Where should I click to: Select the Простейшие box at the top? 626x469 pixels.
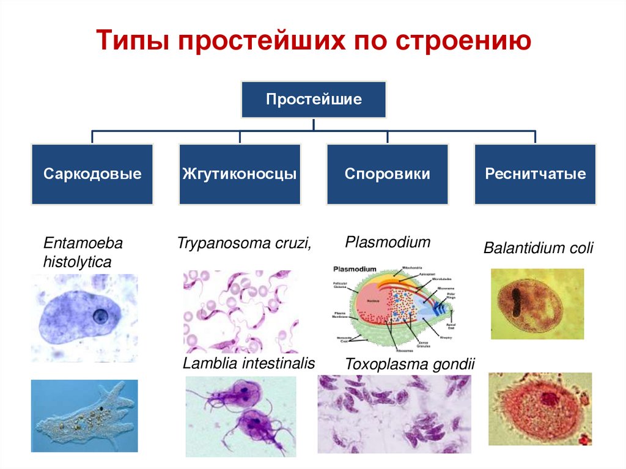pyautogui.click(x=314, y=99)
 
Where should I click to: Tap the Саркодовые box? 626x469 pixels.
pyautogui.click(x=92, y=174)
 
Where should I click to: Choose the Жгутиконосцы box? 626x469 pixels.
pyautogui.click(x=240, y=174)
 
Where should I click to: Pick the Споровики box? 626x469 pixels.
pyautogui.click(x=388, y=174)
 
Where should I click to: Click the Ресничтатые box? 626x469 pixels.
pyautogui.click(x=535, y=174)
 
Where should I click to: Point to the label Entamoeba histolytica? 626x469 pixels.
pyautogui.click(x=83, y=253)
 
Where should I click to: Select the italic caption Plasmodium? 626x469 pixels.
pyautogui.click(x=388, y=242)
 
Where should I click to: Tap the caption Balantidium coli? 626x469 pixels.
pyautogui.click(x=539, y=249)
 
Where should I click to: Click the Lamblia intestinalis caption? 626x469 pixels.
pyautogui.click(x=249, y=363)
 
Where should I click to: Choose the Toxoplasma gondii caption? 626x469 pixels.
pyautogui.click(x=410, y=364)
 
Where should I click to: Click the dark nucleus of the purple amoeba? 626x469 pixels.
pyautogui.click(x=100, y=317)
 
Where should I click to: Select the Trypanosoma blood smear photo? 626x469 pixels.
pyautogui.click(x=240, y=312)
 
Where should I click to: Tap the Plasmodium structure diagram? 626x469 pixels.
pyautogui.click(x=392, y=309)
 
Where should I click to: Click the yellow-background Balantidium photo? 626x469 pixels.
pyautogui.click(x=537, y=303)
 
